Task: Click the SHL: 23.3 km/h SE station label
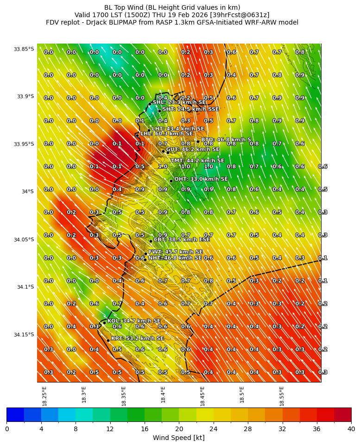tap(179, 102)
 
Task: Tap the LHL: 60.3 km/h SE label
tap(167, 134)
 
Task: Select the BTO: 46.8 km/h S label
tap(226, 140)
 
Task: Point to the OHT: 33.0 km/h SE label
tap(201, 179)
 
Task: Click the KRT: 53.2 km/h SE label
tap(138, 338)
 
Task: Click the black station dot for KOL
tap(104, 323)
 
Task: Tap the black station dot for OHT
tap(171, 181)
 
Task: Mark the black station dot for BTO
tap(198, 141)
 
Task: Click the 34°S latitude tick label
tap(26, 192)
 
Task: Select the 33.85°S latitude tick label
tap(24, 49)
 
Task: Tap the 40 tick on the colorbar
tap(351, 429)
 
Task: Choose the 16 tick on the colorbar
tap(144, 429)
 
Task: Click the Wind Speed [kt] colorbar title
tap(179, 438)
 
